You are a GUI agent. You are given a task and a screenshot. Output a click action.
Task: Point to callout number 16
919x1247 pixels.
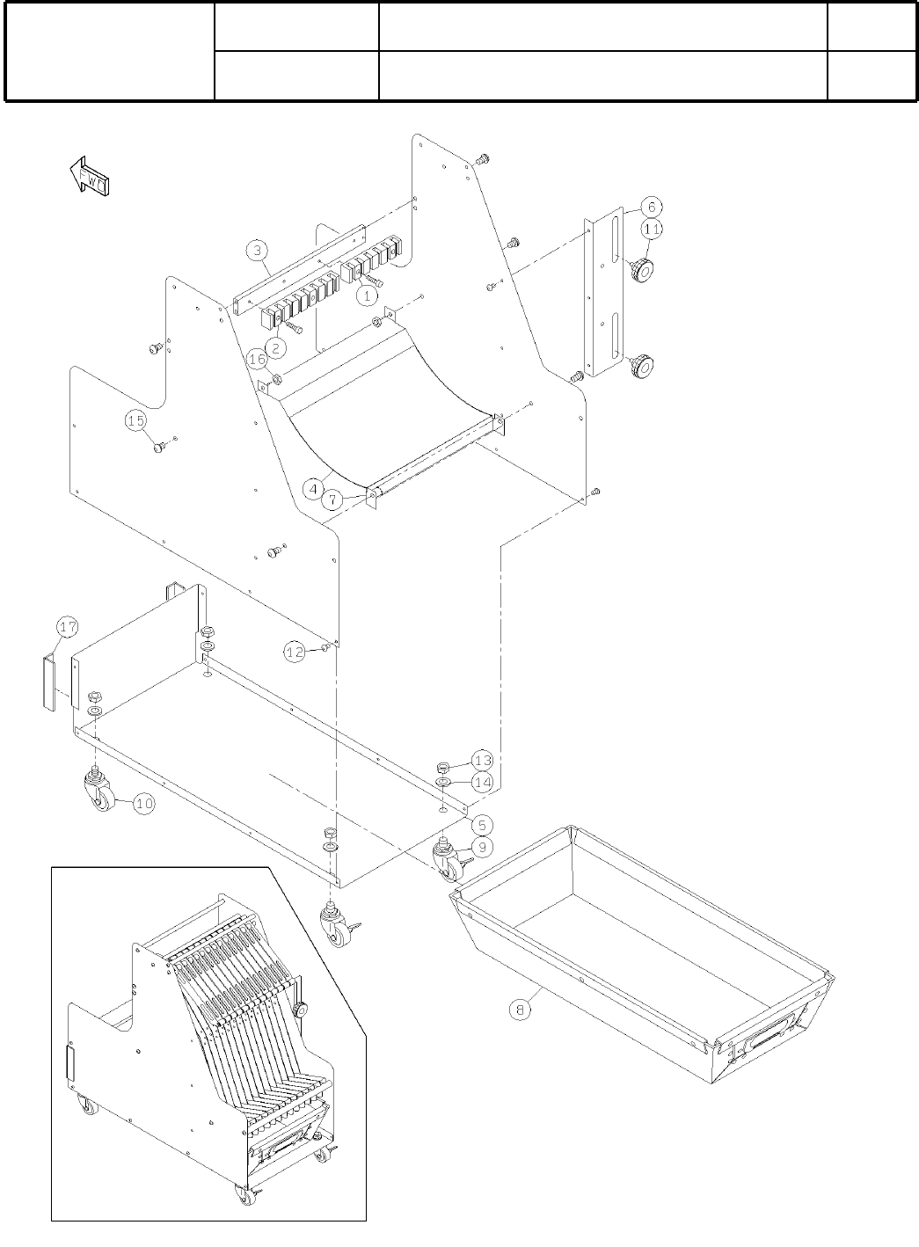(x=257, y=360)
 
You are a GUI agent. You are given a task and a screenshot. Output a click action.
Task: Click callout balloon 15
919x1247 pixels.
(x=135, y=421)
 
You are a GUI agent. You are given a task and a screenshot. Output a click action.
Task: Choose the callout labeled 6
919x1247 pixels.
(x=652, y=207)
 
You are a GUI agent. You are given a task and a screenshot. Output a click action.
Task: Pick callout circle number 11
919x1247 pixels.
(x=652, y=229)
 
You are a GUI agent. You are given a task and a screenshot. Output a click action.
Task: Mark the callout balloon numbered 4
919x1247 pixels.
(x=312, y=485)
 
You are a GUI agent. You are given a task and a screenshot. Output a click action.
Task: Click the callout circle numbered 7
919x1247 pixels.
(x=332, y=500)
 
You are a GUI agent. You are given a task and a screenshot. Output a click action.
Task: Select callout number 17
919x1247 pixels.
(x=68, y=627)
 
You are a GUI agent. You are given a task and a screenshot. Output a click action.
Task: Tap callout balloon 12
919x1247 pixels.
(x=295, y=652)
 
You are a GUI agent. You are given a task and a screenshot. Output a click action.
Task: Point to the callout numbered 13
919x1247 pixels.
(x=482, y=759)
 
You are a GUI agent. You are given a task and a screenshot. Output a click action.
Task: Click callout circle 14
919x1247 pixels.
(x=482, y=781)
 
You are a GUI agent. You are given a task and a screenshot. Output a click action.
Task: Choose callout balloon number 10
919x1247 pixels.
(x=145, y=803)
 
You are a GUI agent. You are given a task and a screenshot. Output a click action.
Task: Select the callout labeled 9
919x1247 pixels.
(x=482, y=846)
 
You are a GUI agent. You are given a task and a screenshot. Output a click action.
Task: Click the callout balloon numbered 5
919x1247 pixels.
(x=482, y=825)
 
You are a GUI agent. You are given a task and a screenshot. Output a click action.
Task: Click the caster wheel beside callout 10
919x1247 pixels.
(x=98, y=788)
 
